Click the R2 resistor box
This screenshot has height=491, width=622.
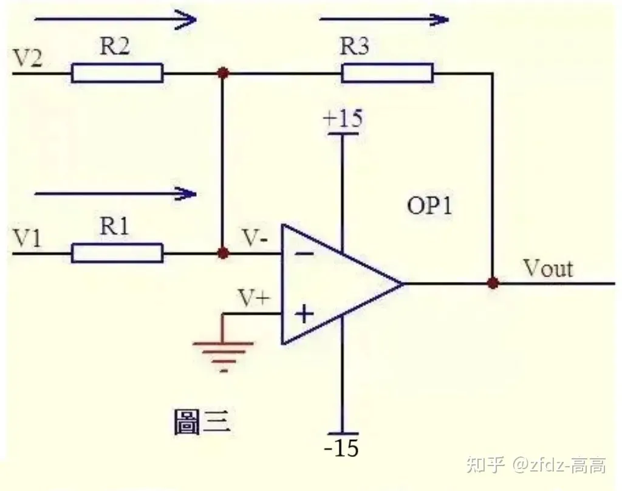117,73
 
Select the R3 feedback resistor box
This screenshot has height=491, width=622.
388,73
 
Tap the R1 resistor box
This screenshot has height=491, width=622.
117,253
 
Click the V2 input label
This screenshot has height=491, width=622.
27,58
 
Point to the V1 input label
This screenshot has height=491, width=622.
27,239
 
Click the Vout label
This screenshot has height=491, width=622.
549,269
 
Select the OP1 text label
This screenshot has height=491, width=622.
429,205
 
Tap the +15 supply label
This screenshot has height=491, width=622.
343,118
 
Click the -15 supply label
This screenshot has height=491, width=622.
341,448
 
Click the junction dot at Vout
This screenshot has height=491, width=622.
493,283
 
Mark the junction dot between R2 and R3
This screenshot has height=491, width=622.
223,73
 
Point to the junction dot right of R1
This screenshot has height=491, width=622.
223,253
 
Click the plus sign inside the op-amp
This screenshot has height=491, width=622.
304,314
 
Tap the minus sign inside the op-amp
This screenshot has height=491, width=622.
305,253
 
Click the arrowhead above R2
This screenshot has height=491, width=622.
185,19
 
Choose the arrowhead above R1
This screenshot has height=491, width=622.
185,194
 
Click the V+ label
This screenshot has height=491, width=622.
254,298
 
